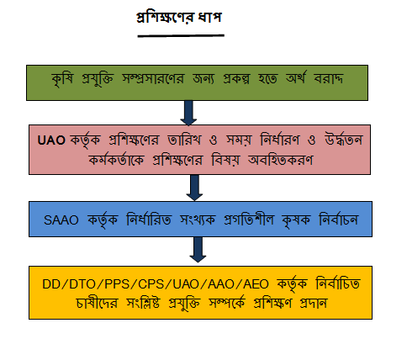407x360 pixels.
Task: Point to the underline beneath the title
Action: tap(181, 35)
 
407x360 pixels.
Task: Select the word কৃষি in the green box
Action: tap(62, 79)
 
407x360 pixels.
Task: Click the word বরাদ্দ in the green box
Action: tap(329, 78)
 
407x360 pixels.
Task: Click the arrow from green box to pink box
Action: tap(188, 113)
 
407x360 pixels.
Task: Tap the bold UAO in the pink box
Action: tap(51, 140)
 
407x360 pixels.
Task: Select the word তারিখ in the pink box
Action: tap(184, 140)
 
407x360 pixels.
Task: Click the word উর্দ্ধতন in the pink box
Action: tap(344, 140)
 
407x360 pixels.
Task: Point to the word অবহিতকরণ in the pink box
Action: tap(281, 161)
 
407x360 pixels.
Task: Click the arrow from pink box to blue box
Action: tap(194, 188)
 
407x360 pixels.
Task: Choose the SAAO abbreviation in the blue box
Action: tap(61, 220)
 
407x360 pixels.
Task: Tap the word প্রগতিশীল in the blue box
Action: tap(249, 219)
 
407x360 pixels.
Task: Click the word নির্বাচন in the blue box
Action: tap(339, 220)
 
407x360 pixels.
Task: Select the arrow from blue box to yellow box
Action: tap(198, 250)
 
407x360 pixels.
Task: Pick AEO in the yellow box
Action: tap(256, 284)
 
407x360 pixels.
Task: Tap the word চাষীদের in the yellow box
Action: tap(97, 304)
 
